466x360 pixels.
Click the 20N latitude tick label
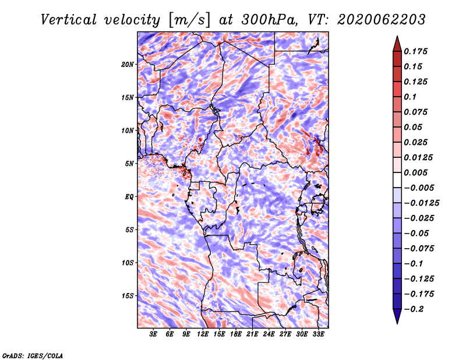tap(127, 65)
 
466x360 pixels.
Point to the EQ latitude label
tap(129, 197)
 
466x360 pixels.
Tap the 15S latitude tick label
tap(127, 296)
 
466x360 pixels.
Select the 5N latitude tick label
tap(129, 164)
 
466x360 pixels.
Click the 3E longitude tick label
tap(153, 334)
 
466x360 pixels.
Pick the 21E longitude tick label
tap(252, 334)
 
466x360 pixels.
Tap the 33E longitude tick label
tap(318, 334)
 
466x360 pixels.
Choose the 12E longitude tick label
tap(202, 334)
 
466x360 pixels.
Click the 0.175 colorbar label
tap(415, 51)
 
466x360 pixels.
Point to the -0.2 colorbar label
tap(414, 309)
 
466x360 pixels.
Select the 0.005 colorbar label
tap(415, 172)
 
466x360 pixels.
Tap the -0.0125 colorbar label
tap(421, 203)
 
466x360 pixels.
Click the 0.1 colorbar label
tap(410, 97)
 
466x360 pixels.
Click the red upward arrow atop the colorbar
tap(397, 44)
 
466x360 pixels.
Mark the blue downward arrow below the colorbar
tap(397, 316)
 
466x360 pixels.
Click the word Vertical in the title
tap(69, 20)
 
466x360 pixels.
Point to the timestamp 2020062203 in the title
tap(382, 20)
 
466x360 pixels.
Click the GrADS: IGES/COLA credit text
tap(33, 356)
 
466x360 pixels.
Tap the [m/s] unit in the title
tap(189, 20)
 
